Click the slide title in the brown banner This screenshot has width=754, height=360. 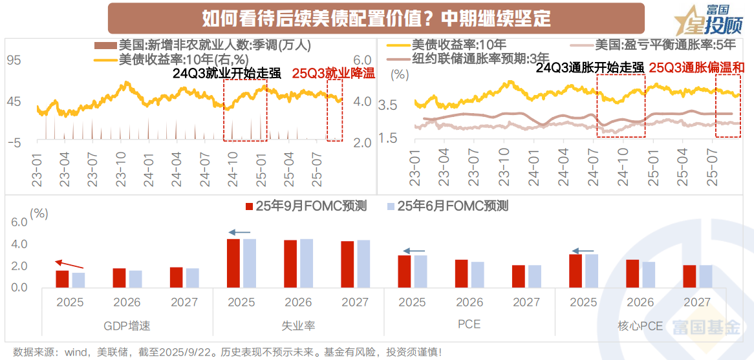[376, 18]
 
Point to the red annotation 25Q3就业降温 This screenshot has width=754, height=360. [334, 73]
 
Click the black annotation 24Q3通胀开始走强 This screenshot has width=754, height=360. [590, 68]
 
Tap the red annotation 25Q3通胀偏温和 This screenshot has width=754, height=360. [697, 68]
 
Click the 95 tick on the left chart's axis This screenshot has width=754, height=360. [14, 61]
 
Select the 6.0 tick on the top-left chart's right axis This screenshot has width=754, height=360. [362, 61]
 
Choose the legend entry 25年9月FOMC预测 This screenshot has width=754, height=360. [307, 206]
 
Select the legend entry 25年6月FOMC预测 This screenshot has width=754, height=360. [447, 206]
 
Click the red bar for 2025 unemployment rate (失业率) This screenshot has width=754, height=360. [233, 263]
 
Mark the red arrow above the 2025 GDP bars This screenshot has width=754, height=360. [69, 264]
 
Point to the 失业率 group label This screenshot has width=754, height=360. [298, 326]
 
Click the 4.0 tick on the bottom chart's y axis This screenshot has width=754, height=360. [19, 244]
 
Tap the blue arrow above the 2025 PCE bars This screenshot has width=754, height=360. [414, 251]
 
